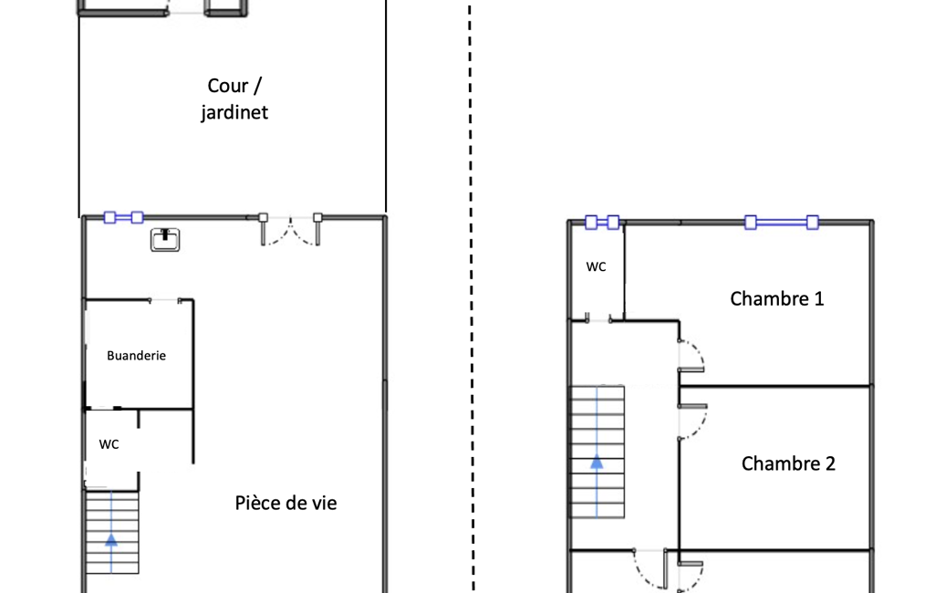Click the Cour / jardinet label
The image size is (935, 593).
(234, 99)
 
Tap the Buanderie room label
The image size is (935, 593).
(136, 356)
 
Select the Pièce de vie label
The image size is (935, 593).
(286, 503)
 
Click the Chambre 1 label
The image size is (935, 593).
(776, 298)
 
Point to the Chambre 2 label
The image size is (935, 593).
(788, 463)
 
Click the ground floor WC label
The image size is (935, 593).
(109, 444)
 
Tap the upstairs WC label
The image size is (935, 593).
(597, 266)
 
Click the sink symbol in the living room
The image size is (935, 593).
(165, 240)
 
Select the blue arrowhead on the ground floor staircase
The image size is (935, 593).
(111, 540)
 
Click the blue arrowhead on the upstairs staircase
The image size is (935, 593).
(597, 462)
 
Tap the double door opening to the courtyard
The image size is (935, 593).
(290, 230)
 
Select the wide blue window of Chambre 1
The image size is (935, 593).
(782, 223)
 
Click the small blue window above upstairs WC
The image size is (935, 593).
(602, 223)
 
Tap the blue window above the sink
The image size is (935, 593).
(123, 218)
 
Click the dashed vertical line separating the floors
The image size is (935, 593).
(471, 298)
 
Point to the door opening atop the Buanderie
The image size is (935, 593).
(164, 301)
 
